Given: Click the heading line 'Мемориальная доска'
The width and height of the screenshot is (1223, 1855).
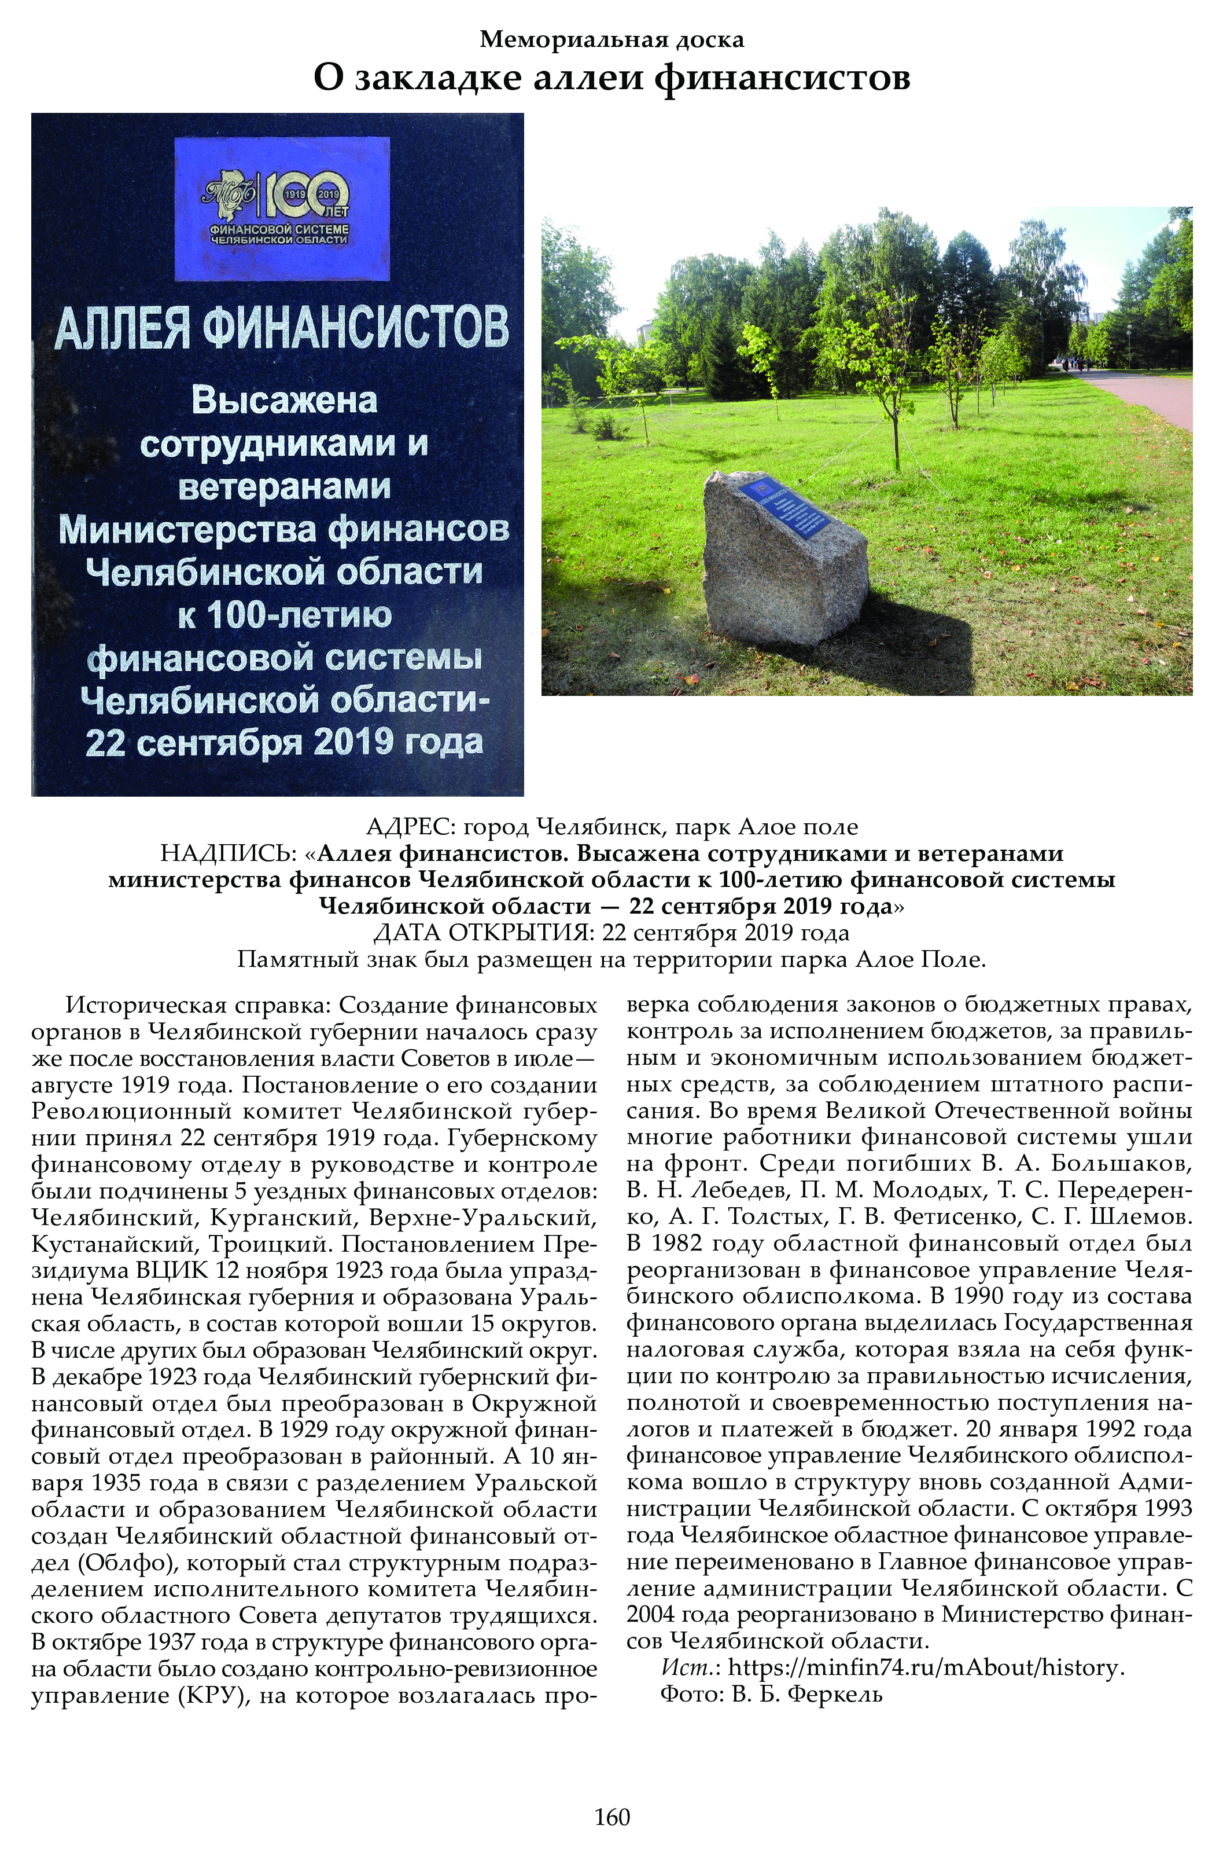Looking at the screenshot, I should [611, 39].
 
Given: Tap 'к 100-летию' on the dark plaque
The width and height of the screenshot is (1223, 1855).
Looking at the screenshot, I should [284, 616].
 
